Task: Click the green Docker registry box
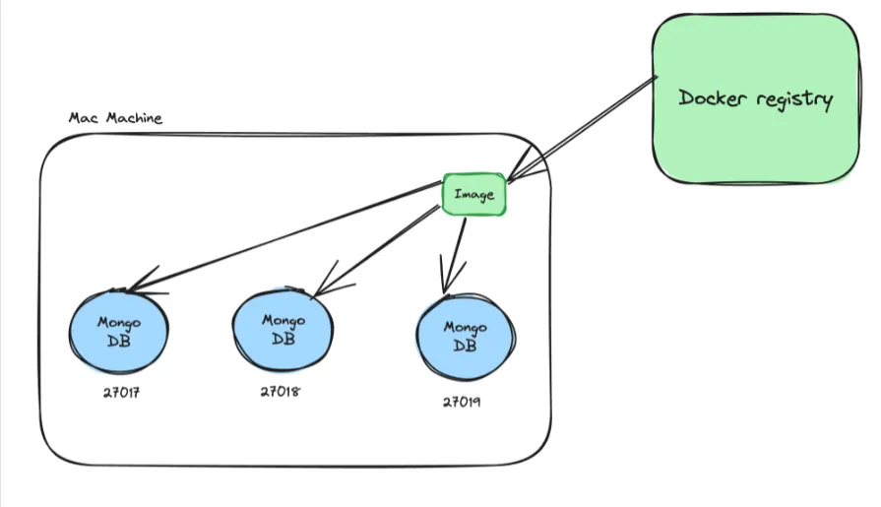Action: (x=756, y=98)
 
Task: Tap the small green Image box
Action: (x=473, y=194)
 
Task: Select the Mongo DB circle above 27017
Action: (x=119, y=331)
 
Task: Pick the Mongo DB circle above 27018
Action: (x=283, y=330)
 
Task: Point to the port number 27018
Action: (x=281, y=391)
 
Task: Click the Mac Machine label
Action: (x=115, y=118)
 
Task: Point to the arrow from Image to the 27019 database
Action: (x=455, y=251)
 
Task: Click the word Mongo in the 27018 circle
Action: (x=283, y=320)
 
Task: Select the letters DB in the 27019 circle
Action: (x=466, y=347)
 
